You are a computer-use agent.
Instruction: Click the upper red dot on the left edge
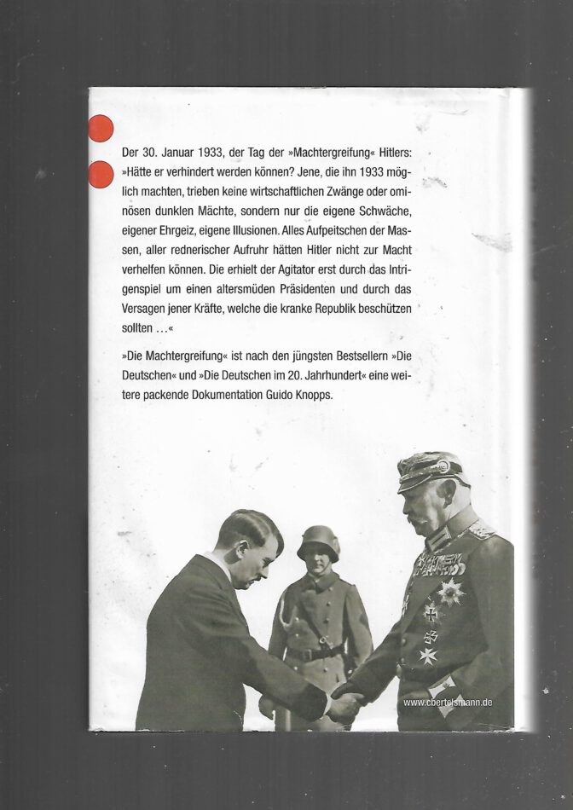click(101, 129)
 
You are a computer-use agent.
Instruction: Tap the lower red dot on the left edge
click(101, 174)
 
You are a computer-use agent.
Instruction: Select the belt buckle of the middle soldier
click(317, 657)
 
